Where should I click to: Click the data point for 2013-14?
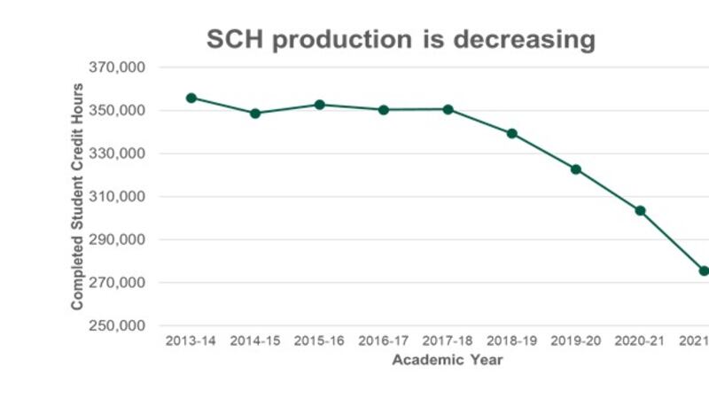click(x=191, y=98)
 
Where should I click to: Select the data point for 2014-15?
click(x=255, y=113)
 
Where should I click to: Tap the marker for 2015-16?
click(x=319, y=105)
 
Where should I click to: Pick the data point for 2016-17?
click(x=384, y=110)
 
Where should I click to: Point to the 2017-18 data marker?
click(x=448, y=109)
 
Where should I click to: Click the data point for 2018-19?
click(x=511, y=134)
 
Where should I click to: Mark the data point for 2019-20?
click(x=576, y=168)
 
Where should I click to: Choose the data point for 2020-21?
click(x=640, y=210)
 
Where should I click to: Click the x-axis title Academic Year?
click(x=448, y=360)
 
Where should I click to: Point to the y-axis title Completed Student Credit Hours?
click(x=78, y=197)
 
